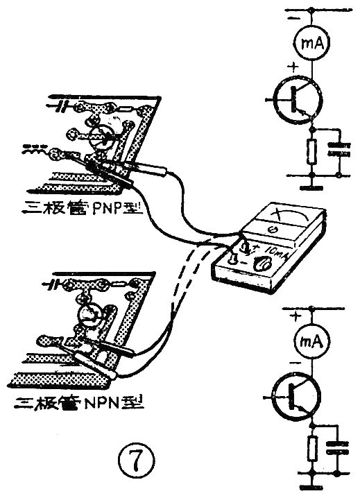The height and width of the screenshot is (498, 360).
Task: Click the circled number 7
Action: pos(132,458)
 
